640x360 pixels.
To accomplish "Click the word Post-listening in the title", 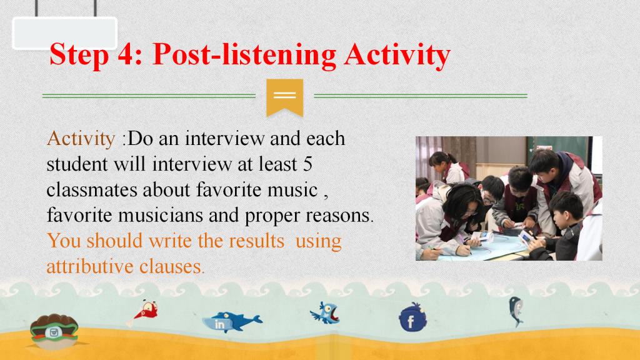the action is pos(244,55).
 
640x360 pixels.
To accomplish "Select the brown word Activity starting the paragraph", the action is pos(81,139).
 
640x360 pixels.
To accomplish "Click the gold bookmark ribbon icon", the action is pos(285,98).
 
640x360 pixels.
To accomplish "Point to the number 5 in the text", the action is pos(307,164).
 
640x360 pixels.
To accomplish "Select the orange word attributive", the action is pos(90,266).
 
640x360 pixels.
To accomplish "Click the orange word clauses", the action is pos(171,266).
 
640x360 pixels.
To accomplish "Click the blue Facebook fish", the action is pos(412,317).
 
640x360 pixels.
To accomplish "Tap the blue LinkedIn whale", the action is pos(231,322).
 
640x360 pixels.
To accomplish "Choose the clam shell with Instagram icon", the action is pos(54,331).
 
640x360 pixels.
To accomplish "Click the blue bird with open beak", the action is pos(325,313).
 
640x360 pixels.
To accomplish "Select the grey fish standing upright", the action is pos(516,311).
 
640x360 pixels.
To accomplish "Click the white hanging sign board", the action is pos(65,34).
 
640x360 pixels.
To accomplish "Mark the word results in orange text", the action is pos(256,241).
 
